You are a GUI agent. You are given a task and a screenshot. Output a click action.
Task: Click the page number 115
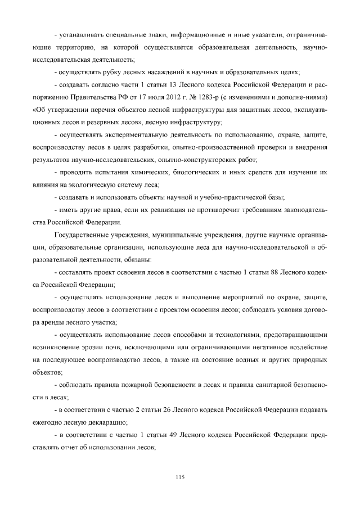pos(180,478)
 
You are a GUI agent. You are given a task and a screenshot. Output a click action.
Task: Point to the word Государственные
pos(83,235)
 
